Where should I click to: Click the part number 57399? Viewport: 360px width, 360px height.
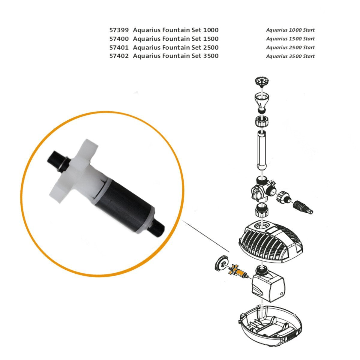tap(119, 30)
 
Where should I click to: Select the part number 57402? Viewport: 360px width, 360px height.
tap(119, 56)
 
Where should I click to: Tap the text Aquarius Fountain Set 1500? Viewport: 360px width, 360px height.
tap(175, 39)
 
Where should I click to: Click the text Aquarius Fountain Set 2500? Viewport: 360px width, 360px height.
tap(175, 47)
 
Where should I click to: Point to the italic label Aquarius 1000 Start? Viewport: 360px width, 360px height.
tap(290, 30)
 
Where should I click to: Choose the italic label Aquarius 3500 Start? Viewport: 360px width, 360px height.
tap(290, 56)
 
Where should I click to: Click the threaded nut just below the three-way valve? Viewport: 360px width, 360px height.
tap(262, 212)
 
